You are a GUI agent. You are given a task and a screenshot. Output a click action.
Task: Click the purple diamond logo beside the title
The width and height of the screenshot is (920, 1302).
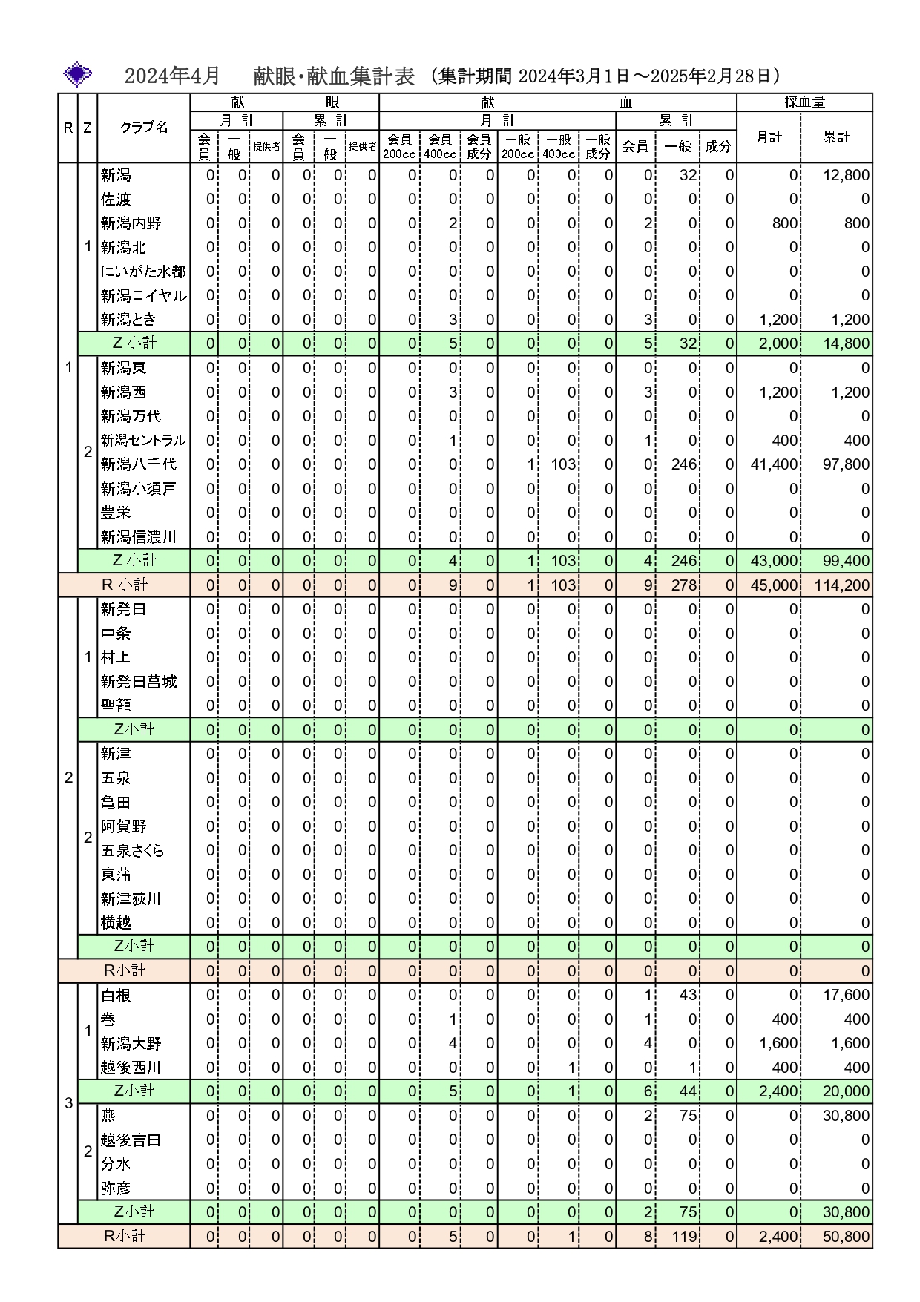(x=78, y=75)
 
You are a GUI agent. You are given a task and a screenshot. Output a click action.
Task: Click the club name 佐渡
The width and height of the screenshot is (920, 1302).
(x=116, y=200)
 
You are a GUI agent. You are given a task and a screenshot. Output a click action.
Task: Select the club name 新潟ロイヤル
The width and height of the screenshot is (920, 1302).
(x=143, y=296)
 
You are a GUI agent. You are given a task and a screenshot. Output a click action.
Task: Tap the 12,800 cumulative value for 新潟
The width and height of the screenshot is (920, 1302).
(x=846, y=176)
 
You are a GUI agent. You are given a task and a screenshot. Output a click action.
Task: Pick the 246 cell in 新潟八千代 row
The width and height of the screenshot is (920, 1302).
(x=684, y=464)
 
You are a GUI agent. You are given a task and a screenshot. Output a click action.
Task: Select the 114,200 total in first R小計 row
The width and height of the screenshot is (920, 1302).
(x=842, y=585)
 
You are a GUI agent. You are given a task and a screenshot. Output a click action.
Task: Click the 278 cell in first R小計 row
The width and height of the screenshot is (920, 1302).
(x=684, y=585)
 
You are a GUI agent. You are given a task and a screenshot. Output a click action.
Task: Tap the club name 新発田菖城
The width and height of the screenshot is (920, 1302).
(x=139, y=682)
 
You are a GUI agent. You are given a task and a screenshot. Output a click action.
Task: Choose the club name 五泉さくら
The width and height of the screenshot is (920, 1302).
(x=132, y=851)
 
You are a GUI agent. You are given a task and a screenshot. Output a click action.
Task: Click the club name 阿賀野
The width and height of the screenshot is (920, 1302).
(x=124, y=826)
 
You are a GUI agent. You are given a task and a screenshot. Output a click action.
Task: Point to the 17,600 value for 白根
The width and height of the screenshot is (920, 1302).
(x=846, y=996)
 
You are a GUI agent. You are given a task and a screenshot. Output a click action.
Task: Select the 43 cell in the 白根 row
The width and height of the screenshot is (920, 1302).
(x=688, y=996)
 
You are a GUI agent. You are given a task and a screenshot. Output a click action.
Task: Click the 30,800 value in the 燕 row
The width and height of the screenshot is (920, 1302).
(x=846, y=1116)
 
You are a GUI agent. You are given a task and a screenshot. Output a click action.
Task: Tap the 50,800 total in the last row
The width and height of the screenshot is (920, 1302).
(x=846, y=1237)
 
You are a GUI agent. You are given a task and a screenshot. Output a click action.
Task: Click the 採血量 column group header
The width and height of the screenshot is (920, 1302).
(x=804, y=102)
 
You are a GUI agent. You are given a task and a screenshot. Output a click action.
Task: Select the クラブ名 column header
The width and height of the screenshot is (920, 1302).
(x=144, y=128)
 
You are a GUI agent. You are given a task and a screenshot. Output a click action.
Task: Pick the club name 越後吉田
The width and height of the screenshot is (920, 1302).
(x=131, y=1140)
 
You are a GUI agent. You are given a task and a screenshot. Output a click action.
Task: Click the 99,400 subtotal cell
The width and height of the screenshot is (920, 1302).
(x=846, y=561)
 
